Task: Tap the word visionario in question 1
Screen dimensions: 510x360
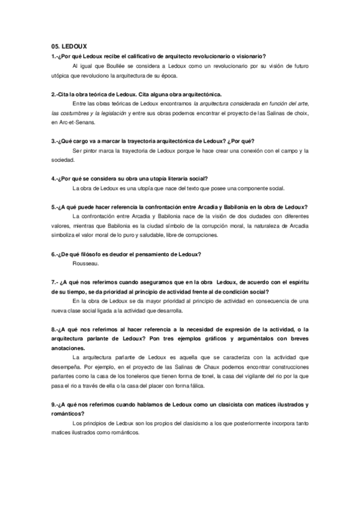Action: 252,56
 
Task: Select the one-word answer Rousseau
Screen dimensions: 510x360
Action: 84,264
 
